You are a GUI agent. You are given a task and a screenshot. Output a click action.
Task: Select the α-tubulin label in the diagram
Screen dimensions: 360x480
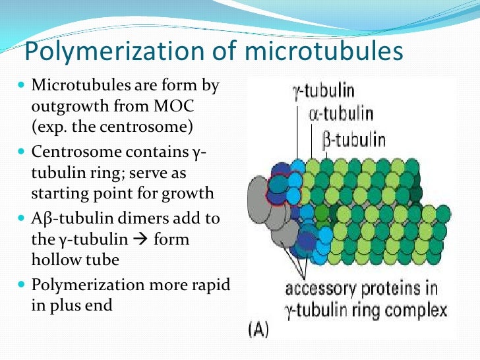point(340,114)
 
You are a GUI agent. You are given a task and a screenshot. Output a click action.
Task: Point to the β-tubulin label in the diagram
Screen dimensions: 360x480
point(354,138)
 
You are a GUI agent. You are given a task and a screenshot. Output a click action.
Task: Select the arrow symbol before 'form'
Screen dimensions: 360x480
point(142,239)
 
